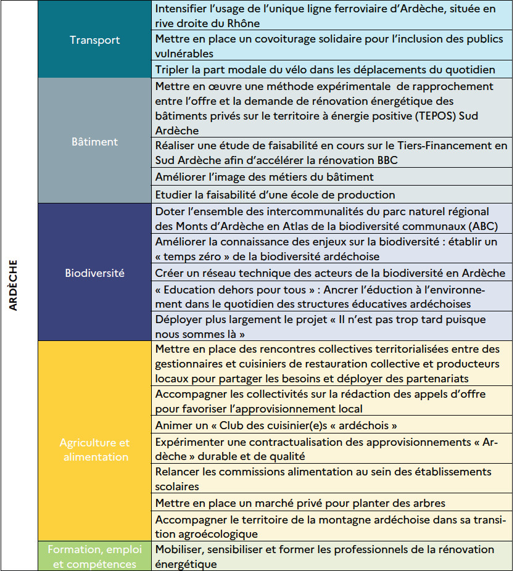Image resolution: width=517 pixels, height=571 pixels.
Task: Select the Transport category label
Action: [x=94, y=40]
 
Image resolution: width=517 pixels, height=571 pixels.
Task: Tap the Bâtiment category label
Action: [x=94, y=141]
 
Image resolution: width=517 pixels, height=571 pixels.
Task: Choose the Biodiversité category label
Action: [x=94, y=273]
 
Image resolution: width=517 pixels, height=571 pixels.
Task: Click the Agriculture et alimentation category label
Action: [x=94, y=450]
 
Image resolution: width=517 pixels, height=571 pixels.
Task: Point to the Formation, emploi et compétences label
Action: [x=94, y=556]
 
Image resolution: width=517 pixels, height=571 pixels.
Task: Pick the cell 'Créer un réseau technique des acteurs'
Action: [x=331, y=273]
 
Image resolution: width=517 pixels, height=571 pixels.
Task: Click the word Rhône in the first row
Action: [x=243, y=23]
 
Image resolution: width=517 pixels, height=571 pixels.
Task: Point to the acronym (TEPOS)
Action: [x=416, y=117]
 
